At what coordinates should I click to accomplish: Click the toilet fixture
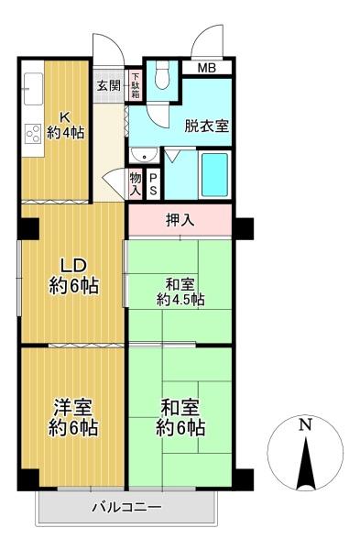coord(162,75)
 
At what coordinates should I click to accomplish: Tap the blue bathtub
coord(214,175)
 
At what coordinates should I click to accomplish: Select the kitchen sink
coord(34,88)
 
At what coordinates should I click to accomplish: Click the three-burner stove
coord(34,134)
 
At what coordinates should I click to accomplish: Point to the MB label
coord(207,68)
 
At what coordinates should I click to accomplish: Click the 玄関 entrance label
coord(109,85)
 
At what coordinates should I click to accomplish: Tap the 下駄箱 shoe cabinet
coord(136,85)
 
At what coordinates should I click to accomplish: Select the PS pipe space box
coord(153,184)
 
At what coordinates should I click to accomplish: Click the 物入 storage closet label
coord(136,184)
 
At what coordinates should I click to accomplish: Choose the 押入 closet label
coord(180,220)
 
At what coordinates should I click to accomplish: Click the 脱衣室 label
coord(207,126)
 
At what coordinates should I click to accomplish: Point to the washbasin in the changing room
coord(144,155)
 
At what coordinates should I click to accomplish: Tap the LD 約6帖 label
coord(74,276)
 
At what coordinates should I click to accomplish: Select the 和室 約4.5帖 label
coord(180,291)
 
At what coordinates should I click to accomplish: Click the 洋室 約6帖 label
coord(73,417)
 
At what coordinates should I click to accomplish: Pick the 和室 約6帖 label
coord(180,417)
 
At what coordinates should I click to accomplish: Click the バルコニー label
coord(127,507)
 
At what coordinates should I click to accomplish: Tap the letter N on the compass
coord(306,424)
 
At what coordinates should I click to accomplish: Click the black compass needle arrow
coord(306,463)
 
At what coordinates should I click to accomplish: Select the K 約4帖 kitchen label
coord(65,126)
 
